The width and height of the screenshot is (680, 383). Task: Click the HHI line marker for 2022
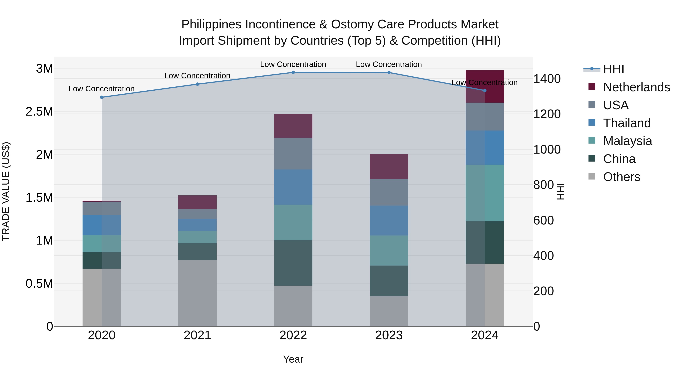point(293,72)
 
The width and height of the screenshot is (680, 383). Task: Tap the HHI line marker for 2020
point(102,97)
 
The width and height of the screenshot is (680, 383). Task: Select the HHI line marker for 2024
point(485,91)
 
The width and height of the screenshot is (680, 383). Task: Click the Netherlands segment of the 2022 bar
point(293,126)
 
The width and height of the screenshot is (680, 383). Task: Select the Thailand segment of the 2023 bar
point(389,221)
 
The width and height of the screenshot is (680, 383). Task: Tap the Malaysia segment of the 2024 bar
point(485,193)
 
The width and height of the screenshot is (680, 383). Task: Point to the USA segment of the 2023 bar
point(389,192)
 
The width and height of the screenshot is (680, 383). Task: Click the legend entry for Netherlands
point(636,87)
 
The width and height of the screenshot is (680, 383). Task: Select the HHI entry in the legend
point(614,69)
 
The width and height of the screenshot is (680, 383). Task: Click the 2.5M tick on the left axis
point(39,112)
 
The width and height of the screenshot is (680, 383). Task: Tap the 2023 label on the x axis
point(389,335)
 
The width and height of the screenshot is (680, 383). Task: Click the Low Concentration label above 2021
point(197,76)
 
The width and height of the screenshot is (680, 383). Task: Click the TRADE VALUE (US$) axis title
point(6,191)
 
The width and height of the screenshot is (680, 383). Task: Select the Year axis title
point(293,359)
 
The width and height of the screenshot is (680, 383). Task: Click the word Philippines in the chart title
point(211,25)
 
